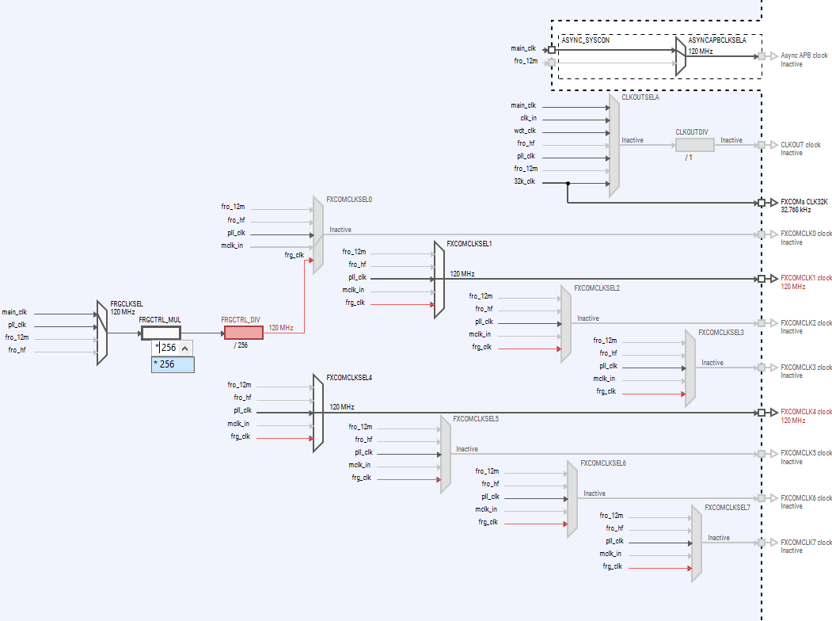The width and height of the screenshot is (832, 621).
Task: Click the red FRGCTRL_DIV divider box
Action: point(243,333)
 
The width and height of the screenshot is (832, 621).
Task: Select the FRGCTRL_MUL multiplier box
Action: point(161,333)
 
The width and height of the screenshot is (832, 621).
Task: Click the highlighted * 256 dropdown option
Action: point(173,364)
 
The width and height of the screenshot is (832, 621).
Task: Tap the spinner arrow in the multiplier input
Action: point(184,348)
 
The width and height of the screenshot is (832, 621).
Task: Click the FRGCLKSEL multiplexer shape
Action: point(101,333)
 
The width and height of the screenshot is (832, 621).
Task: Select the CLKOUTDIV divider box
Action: point(694,145)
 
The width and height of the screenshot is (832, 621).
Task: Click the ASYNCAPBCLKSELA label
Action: point(716,39)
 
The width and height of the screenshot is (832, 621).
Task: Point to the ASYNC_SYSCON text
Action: point(585,39)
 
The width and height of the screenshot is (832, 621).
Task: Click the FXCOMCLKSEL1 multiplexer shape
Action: point(439,279)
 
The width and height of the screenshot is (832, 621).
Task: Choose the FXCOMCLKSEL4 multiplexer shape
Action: point(318,413)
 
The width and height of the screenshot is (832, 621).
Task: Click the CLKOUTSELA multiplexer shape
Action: point(614,145)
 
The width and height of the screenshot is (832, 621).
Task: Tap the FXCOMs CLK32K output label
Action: point(804,202)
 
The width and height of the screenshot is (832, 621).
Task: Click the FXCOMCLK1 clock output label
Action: point(806,278)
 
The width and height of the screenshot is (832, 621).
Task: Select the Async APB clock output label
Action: point(804,55)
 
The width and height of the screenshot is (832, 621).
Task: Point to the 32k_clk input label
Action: point(524,181)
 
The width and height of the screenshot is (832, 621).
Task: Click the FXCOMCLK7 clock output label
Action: point(806,543)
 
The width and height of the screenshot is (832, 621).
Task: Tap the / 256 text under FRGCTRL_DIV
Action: point(241,345)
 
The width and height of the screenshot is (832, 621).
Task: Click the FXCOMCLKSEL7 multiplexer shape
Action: point(697,543)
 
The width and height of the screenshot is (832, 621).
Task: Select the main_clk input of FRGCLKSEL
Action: point(14,312)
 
